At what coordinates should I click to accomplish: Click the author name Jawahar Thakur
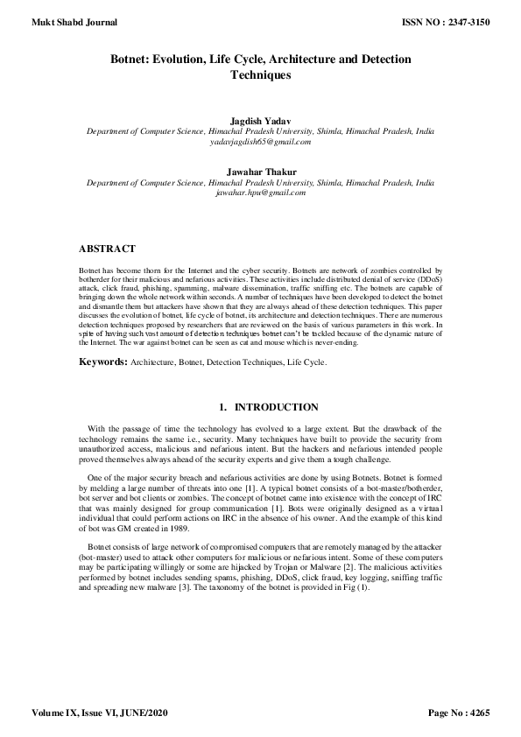click(259, 172)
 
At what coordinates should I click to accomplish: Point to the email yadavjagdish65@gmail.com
click(259, 141)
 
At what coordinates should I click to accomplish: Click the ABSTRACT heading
click(107, 249)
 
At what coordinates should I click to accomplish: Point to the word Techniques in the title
click(259, 75)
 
